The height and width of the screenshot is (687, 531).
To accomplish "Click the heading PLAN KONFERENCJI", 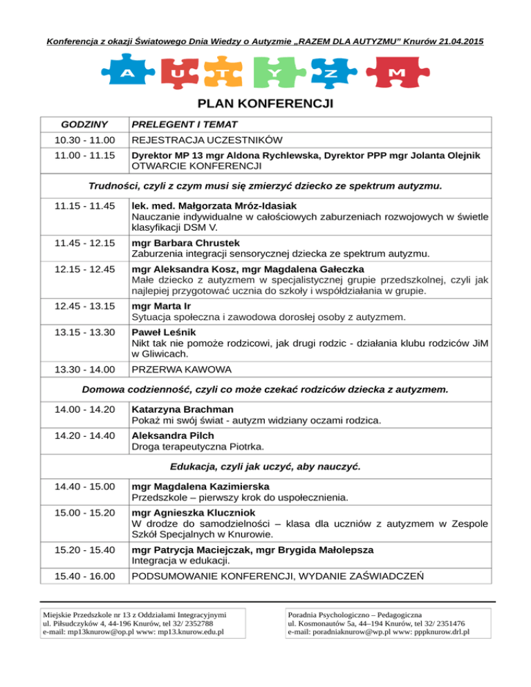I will pos(265,104).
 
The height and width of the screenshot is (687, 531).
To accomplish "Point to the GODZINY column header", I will pos(84,125).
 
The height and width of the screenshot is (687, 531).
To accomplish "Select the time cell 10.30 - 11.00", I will pos(84,140).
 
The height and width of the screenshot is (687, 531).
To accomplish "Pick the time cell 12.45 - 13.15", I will pos(84,306).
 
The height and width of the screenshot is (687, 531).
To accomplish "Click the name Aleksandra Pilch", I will pos(172,435).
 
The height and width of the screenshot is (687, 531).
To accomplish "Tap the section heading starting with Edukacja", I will pos(265,467).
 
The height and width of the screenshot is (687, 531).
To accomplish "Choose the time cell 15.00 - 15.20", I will pos(84,513).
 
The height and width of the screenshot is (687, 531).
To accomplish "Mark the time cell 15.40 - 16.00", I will pos(84,576).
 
